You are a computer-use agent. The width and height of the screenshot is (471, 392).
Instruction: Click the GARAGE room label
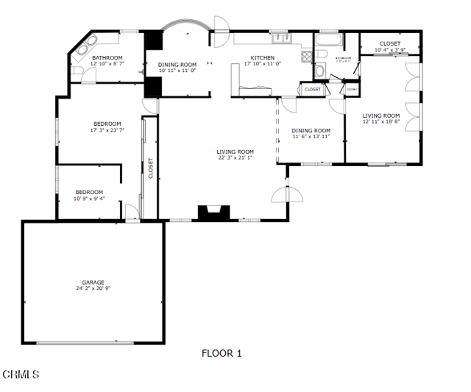pyautogui.click(x=93, y=282)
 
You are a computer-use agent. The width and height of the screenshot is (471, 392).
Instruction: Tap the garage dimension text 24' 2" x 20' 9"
pyautogui.click(x=93, y=288)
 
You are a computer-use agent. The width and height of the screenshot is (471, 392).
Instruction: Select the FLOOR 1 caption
pyautogui.click(x=222, y=354)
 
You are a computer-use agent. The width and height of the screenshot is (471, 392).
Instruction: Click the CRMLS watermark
pyautogui.click(x=21, y=375)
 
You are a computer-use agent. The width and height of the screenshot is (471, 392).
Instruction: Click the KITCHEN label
pyautogui.click(x=263, y=58)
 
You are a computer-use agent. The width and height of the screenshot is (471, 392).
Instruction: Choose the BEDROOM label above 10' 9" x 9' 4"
pyautogui.click(x=89, y=192)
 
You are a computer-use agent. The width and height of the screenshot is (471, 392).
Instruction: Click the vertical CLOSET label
pyautogui.click(x=151, y=168)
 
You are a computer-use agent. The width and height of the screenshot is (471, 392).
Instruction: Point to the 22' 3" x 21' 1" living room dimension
pyautogui.click(x=235, y=157)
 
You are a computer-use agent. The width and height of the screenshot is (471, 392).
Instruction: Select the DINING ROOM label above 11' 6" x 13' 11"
pyautogui.click(x=311, y=130)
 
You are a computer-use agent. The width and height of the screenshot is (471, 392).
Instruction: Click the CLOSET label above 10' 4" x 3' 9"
pyautogui.click(x=390, y=44)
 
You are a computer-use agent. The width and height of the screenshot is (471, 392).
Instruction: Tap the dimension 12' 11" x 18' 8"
pyautogui.click(x=381, y=122)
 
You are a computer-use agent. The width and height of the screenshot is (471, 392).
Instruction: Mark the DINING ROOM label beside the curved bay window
pyautogui.click(x=177, y=65)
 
